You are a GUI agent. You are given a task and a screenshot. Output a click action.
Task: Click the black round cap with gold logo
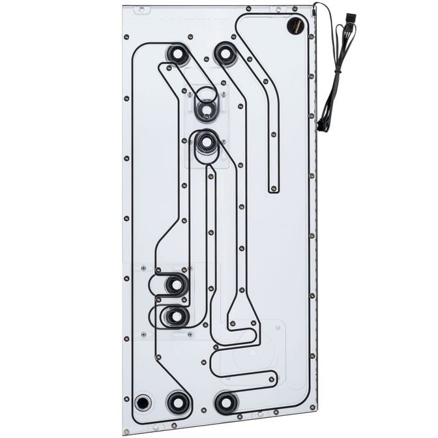point(294,27)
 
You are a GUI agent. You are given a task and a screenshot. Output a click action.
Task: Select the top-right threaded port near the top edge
point(225,54)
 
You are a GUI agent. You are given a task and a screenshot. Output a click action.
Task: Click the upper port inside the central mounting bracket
point(206,110)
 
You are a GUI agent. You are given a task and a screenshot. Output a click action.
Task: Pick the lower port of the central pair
point(206,141)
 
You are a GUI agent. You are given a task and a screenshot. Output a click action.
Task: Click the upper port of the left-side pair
point(175,284)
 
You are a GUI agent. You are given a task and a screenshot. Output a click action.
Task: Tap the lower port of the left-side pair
point(175,317)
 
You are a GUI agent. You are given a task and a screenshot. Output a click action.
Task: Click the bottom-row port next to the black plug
point(178,401)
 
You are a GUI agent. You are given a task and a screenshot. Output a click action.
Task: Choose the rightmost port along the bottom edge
point(226,403)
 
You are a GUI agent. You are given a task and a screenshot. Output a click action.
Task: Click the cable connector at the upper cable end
point(349,18)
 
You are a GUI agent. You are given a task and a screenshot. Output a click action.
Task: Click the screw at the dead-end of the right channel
point(273,189)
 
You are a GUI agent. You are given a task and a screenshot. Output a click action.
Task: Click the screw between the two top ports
point(201,51)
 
